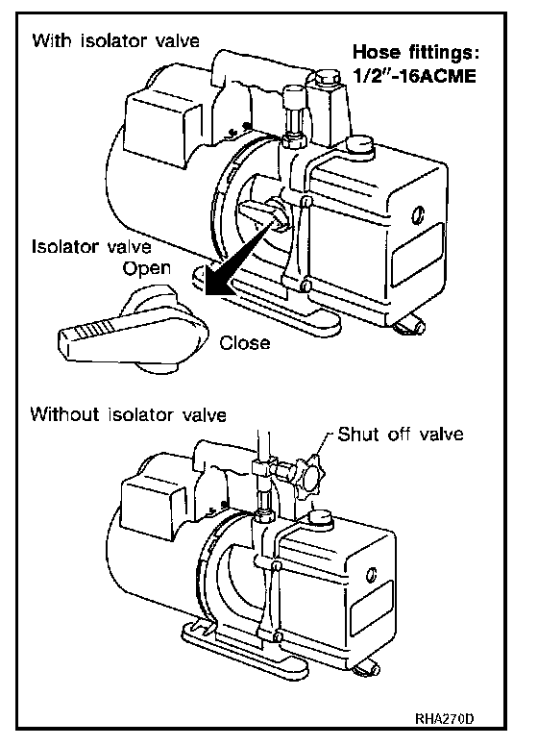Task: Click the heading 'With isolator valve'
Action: (116, 40)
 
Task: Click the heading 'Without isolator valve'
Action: (129, 414)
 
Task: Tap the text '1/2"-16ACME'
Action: (414, 76)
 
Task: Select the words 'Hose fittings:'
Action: (416, 52)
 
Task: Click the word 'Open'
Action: (147, 269)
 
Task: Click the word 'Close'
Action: (245, 342)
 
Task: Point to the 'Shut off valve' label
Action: (401, 434)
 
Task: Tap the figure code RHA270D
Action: (445, 718)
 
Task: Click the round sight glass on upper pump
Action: (418, 215)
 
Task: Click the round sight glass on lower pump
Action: (372, 575)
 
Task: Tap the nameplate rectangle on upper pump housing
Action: (417, 256)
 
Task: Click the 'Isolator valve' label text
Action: (91, 247)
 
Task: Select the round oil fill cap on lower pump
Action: (319, 517)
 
